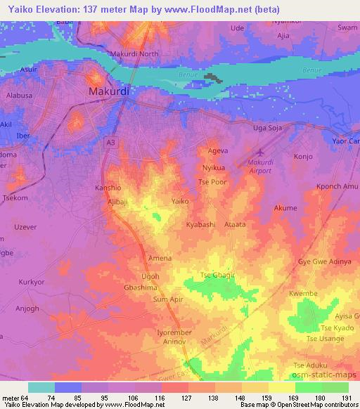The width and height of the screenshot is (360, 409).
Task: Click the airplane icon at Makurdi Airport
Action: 262,152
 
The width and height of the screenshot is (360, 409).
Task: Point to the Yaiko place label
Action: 180,201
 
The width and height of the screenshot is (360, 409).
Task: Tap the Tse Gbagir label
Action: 217,275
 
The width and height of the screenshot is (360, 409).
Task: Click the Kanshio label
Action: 108,188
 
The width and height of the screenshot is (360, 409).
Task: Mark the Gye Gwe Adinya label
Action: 325,261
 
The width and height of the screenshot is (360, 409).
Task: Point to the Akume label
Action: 285,209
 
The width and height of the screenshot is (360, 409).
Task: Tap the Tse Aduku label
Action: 310,365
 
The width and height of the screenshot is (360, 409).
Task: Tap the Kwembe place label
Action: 304,293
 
